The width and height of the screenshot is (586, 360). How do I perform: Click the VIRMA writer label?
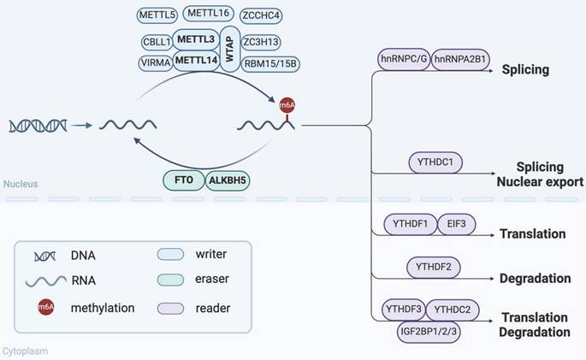point(154,62)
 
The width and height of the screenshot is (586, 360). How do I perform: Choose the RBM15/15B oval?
point(270,62)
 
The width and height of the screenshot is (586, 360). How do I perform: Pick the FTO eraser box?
point(184,180)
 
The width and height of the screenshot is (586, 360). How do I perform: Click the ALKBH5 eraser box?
point(228,180)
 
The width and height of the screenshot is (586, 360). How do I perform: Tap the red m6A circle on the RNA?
point(287,104)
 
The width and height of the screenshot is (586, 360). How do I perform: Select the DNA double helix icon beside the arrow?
point(37,126)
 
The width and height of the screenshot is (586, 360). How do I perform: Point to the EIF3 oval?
point(455,225)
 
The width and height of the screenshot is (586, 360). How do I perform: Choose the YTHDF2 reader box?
point(435,268)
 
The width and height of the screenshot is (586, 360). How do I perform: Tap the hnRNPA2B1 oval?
point(462,61)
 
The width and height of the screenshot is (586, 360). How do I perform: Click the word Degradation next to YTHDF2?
point(535,279)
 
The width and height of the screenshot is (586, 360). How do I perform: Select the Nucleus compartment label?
point(20,184)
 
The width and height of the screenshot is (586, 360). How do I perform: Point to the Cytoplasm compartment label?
point(24,350)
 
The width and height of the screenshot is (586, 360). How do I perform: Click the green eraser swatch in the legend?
point(175,279)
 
